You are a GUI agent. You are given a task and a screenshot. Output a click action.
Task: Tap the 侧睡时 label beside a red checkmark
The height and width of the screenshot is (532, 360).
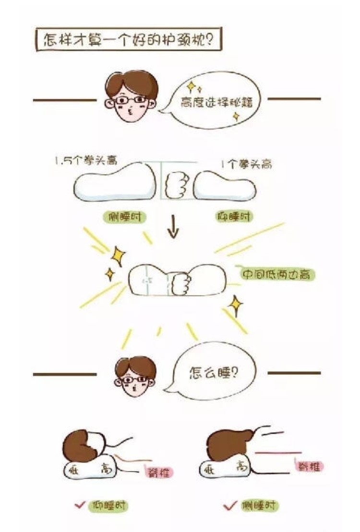click(260, 505)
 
